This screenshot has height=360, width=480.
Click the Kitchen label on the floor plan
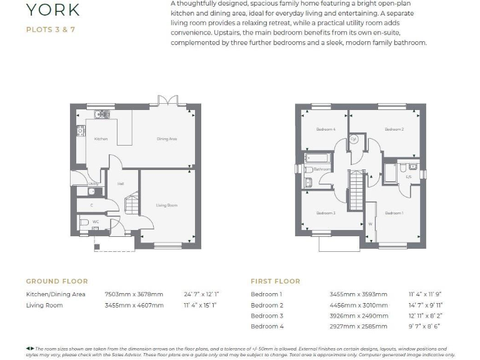click(101, 139)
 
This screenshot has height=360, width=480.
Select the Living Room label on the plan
click(167, 205)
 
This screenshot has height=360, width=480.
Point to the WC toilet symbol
click(84, 222)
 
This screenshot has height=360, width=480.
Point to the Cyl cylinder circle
click(353, 139)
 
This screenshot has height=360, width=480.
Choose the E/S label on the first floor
click(409, 177)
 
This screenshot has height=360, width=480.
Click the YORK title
click(52, 9)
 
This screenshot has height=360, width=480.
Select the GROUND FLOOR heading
click(57, 281)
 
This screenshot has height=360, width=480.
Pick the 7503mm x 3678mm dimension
click(134, 294)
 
